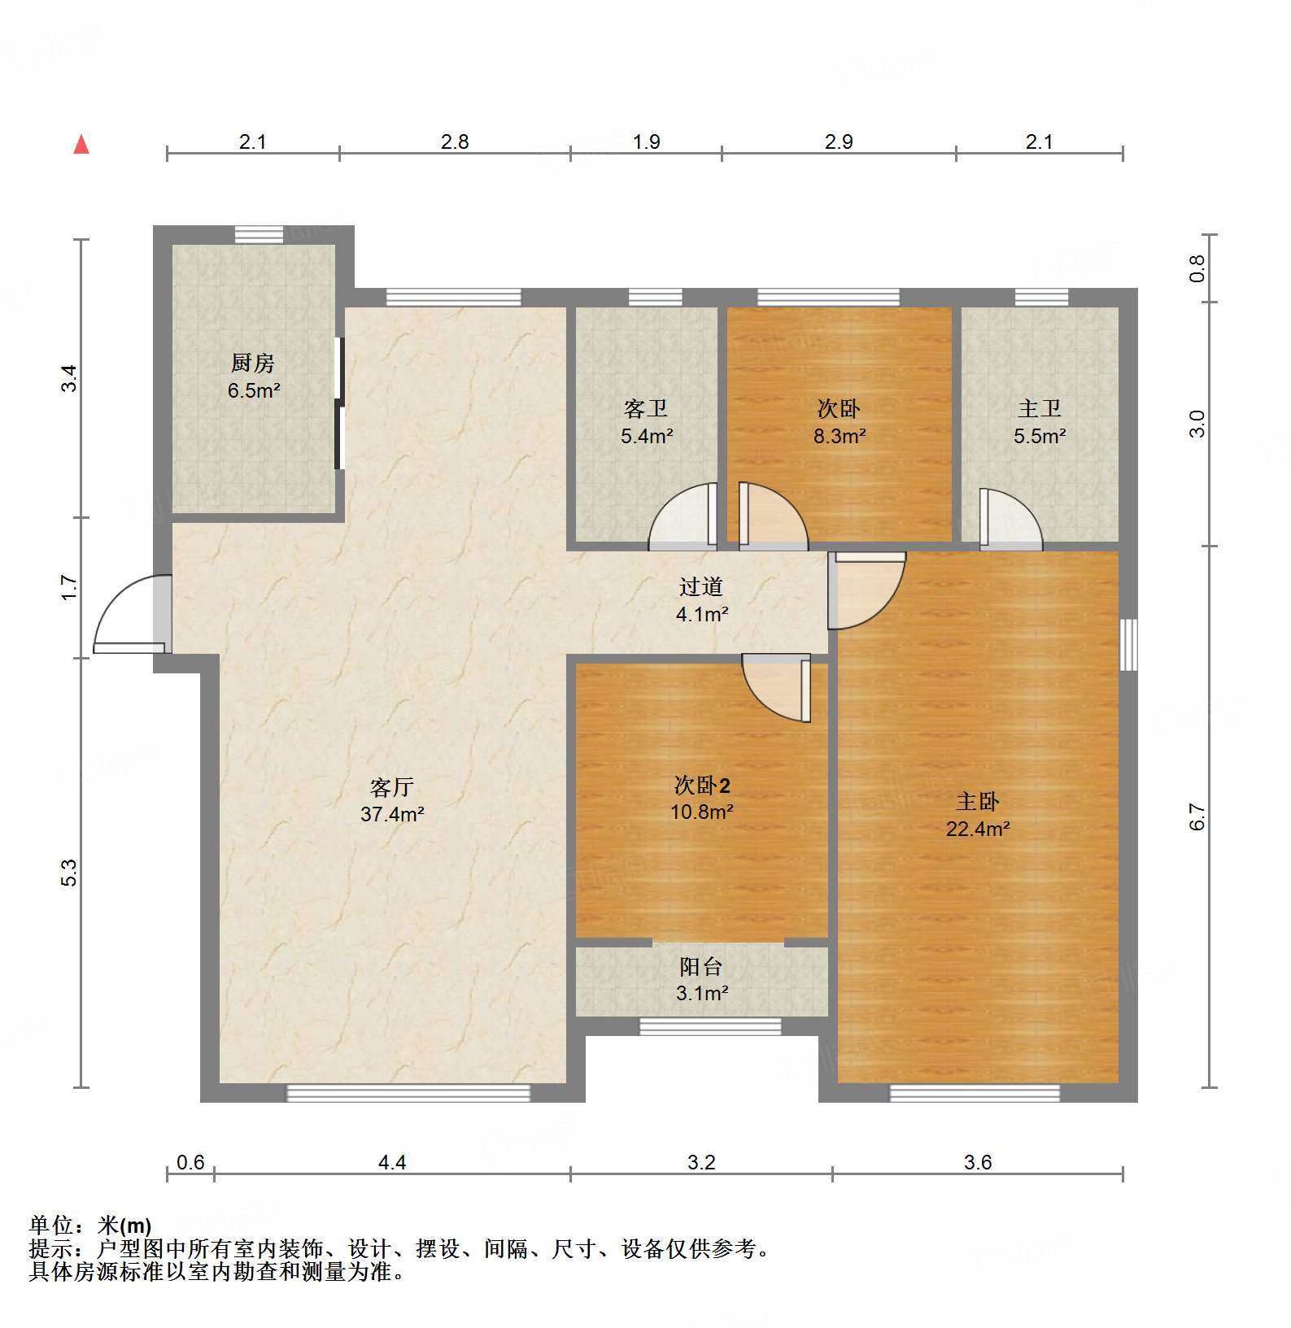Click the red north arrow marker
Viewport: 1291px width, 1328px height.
(81, 145)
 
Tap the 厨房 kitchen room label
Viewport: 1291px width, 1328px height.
(253, 363)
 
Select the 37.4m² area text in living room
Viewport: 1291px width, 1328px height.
(392, 814)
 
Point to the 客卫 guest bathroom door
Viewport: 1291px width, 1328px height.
(683, 516)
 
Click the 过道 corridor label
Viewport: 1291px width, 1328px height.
(701, 586)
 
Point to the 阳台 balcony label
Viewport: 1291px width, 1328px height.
(701, 966)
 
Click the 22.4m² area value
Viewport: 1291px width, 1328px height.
(978, 829)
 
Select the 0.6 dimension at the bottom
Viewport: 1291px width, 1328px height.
(190, 1162)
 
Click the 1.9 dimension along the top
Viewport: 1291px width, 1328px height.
(647, 142)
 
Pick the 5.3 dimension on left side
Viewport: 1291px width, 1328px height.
(69, 872)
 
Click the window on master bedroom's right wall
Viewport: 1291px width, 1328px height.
(1128, 645)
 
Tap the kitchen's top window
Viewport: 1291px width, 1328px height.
(259, 234)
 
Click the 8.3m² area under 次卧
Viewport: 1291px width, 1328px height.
(840, 437)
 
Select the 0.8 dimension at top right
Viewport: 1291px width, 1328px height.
(1197, 268)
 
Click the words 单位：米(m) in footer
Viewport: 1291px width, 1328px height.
(90, 1225)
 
